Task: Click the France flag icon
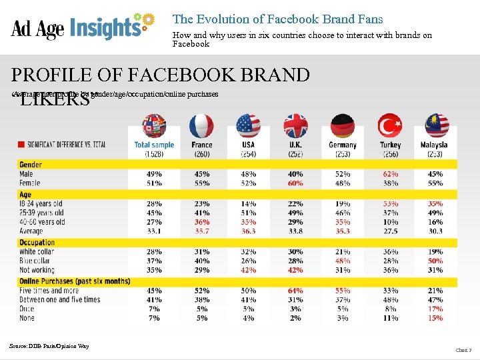pos(201,126)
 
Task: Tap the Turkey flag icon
pos(389,126)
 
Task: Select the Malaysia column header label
pos(434,145)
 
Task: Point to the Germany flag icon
pos(342,126)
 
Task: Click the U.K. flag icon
pos(295,126)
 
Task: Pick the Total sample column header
pos(154,145)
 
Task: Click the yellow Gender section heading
pos(31,165)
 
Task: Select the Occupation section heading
pos(37,243)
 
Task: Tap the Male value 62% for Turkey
pos(390,175)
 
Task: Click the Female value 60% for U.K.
pos(295,183)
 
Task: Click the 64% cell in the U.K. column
pos(295,291)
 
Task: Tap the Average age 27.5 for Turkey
pos(390,231)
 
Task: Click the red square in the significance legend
pos(21,143)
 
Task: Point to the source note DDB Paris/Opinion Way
pos(49,345)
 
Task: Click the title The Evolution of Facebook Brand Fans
pos(277,19)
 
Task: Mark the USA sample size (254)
pos(248,154)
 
